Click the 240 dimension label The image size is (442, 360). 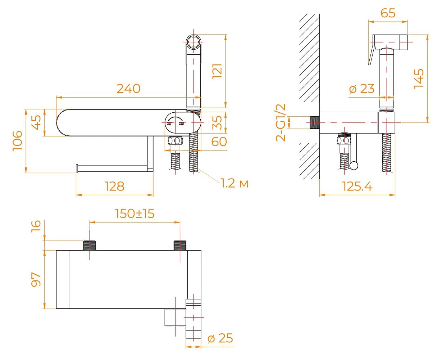pyautogui.click(x=128, y=89)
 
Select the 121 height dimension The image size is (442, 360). pyautogui.click(x=217, y=71)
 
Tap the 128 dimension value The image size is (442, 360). pyautogui.click(x=114, y=186)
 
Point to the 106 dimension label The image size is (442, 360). pyautogui.click(x=18, y=141)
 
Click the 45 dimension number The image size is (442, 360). pyautogui.click(x=36, y=123)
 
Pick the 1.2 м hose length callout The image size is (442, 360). pyautogui.click(x=234, y=184)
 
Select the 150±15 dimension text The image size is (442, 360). pyautogui.click(x=135, y=213)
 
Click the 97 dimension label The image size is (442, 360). pyautogui.click(x=36, y=279)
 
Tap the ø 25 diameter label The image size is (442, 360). pyautogui.click(x=220, y=338)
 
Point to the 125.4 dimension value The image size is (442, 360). pyautogui.click(x=357, y=186)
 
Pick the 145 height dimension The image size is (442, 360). pyautogui.click(x=419, y=78)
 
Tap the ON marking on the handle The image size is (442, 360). pyautogui.click(x=169, y=125)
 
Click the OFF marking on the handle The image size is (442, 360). pyautogui.click(x=181, y=125)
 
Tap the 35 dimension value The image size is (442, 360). pyautogui.click(x=217, y=123)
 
